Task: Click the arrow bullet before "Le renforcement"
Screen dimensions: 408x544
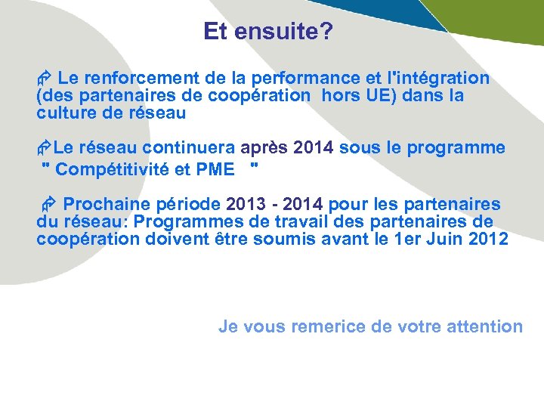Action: click(44, 79)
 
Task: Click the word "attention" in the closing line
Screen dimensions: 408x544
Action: click(484, 326)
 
